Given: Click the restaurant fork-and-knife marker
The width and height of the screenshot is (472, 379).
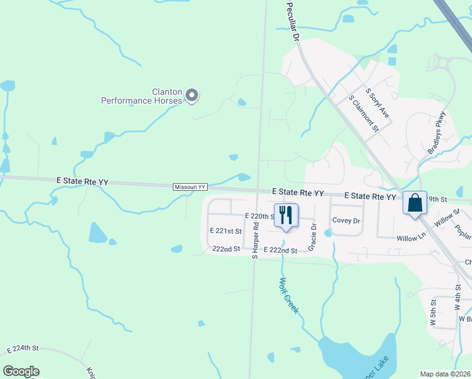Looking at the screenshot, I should click(x=285, y=215).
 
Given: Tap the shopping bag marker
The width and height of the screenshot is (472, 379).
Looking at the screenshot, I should click(x=415, y=203).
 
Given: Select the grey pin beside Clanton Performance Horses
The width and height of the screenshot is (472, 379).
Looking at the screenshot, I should click(x=192, y=96).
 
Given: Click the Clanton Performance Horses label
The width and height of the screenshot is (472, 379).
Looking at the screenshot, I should click(x=143, y=95).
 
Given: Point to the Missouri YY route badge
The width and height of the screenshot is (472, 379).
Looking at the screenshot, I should click(x=191, y=187).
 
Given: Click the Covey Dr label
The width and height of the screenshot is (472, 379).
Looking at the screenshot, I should click(x=346, y=221).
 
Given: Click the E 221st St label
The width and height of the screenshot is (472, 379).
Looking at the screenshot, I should click(x=225, y=231).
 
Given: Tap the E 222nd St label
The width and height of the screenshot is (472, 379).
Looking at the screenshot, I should click(x=280, y=251).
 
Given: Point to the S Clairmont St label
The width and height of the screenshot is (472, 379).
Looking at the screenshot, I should click(x=363, y=114).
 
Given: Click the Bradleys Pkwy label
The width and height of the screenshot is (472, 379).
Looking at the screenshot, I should click(x=437, y=133).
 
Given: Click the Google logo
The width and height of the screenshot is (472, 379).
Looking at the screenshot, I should click(x=21, y=371).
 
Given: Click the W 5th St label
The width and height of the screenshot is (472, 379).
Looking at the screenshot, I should click(x=433, y=313).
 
